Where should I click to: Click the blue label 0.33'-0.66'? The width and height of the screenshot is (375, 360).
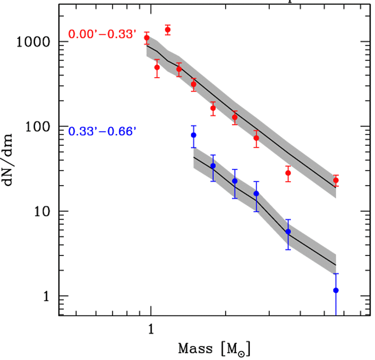coord(102,132)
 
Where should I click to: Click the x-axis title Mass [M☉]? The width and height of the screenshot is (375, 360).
coord(214,348)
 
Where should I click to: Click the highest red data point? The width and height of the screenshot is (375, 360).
coord(168,30)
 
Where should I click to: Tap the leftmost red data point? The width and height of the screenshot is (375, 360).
coord(146,38)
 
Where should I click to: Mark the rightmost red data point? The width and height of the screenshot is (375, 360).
coord(336,180)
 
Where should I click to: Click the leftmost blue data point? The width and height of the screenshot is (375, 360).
coord(194,135)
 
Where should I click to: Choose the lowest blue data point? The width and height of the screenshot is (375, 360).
coord(336,290)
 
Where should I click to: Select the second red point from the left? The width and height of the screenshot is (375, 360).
coord(157,67)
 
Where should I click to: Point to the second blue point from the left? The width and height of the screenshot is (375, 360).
coord(213,166)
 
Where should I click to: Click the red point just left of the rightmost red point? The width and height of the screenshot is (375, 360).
coord(288,173)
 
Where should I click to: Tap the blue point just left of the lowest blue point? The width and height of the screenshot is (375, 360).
coord(288,231)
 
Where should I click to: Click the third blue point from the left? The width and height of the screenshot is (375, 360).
coord(235,181)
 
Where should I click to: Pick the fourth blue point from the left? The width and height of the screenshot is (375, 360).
coord(256,193)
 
